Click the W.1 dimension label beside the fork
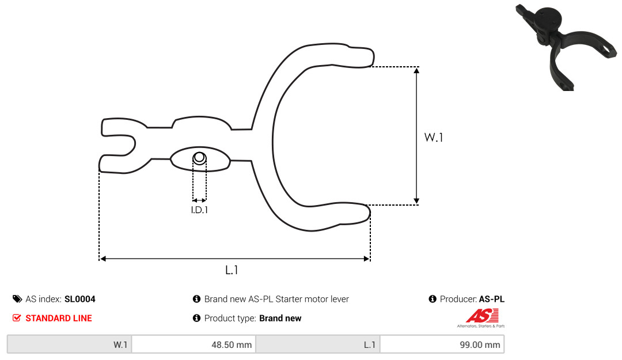[434, 137]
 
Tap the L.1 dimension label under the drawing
[232, 270]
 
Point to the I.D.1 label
[199, 210]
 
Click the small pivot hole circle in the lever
[199, 158]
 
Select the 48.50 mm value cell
[194, 344]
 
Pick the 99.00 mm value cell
[442, 344]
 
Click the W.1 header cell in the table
[70, 344]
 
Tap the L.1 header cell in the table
[318, 344]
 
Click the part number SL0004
[79, 299]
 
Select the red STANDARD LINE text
[59, 318]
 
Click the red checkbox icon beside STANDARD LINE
[17, 317]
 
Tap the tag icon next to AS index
[17, 299]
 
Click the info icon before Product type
[196, 318]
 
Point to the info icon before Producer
[433, 299]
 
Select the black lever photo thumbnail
[565, 47]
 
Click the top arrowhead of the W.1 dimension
[416, 71]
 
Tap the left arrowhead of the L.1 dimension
[103, 259]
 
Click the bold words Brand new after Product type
[280, 318]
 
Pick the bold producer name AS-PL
[491, 299]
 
